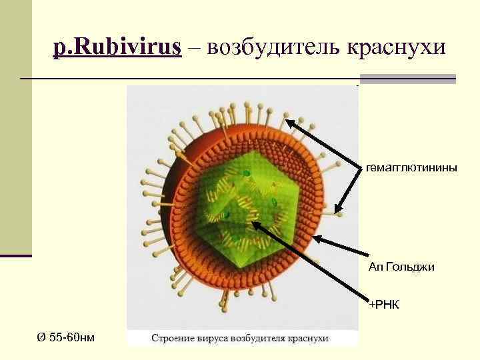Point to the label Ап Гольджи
pyautogui.click(x=401, y=267)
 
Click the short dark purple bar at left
pyautogui.click(x=16, y=255)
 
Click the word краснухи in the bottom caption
pyautogui.click(x=308, y=338)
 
